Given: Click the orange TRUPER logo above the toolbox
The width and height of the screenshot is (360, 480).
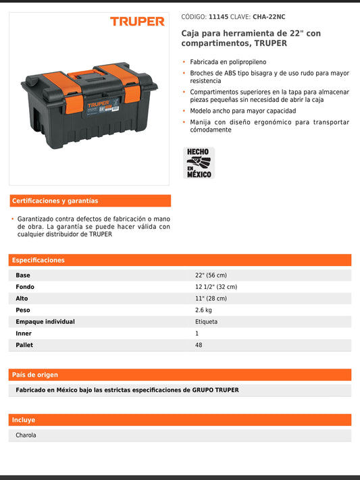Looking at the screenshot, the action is tap(137, 22).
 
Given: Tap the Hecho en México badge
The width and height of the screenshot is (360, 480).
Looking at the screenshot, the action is tap(199, 163).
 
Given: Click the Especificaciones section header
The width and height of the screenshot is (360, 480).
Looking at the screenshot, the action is tap(38, 260).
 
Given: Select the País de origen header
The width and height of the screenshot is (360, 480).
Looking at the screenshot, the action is tap(35, 375).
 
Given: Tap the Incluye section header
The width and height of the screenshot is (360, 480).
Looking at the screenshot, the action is tap(24, 420).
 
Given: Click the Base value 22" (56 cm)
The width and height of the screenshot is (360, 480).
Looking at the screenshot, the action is tap(211, 275).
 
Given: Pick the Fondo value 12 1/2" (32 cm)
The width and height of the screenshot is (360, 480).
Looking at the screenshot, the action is tap(216, 287).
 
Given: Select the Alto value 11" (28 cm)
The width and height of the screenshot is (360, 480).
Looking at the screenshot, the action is tap(211, 298).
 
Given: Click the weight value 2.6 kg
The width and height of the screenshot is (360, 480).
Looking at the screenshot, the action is tap(203, 310).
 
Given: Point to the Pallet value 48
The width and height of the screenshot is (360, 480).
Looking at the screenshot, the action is tap(199, 345).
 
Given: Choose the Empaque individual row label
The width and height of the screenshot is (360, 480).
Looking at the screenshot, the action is tap(45, 321).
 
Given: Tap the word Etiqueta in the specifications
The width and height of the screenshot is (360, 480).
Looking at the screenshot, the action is tap(207, 321).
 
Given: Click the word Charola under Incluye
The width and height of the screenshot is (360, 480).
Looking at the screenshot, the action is tap(26, 435).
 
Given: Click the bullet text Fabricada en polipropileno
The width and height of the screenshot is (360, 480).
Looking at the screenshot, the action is tap(228, 61).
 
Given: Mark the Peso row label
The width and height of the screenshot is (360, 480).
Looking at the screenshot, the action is tap(24, 310).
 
